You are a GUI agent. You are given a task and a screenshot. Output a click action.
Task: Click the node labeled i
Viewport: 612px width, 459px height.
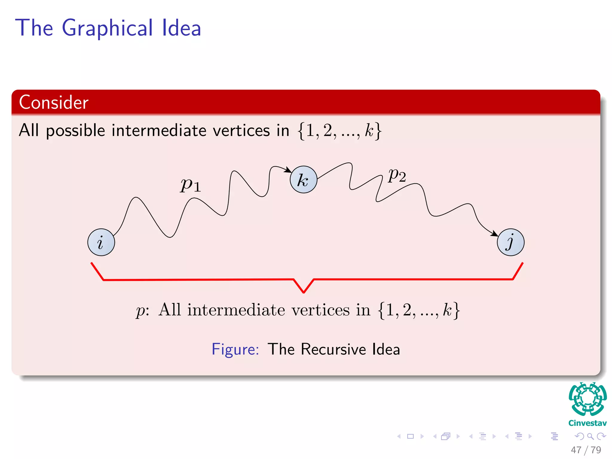pyautogui.click(x=101, y=242)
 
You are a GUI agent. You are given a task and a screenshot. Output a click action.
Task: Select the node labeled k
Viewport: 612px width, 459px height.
pyautogui.click(x=303, y=180)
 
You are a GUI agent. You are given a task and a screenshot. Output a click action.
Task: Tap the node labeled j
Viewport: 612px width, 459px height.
pyautogui.click(x=510, y=242)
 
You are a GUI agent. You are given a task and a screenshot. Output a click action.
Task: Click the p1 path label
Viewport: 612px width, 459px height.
pyautogui.click(x=191, y=185)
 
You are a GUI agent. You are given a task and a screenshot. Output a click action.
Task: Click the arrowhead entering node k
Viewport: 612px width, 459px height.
pyautogui.click(x=288, y=170)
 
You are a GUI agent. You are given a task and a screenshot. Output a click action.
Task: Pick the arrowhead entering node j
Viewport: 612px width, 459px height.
pyautogui.click(x=495, y=234)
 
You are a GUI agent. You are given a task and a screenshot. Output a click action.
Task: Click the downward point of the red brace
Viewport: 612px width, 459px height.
pyautogui.click(x=304, y=292)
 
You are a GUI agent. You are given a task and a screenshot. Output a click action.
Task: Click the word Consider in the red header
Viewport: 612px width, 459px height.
pyautogui.click(x=54, y=102)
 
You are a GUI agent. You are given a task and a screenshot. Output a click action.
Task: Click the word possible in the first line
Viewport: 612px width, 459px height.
pyautogui.click(x=76, y=131)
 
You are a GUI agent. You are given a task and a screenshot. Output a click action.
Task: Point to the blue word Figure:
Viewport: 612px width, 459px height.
pyautogui.click(x=235, y=349)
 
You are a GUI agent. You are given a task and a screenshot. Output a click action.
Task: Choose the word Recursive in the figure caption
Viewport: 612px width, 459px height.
pyautogui.click(x=333, y=349)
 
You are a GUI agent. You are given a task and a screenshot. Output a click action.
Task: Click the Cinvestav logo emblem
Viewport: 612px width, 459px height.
pyautogui.click(x=587, y=399)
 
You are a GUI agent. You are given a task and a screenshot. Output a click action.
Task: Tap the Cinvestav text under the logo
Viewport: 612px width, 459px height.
pyautogui.click(x=587, y=423)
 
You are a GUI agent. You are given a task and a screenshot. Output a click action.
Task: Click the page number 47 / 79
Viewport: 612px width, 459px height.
pyautogui.click(x=586, y=450)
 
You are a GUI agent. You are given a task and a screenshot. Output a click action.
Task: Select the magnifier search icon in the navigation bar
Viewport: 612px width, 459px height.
pyautogui.click(x=590, y=436)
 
